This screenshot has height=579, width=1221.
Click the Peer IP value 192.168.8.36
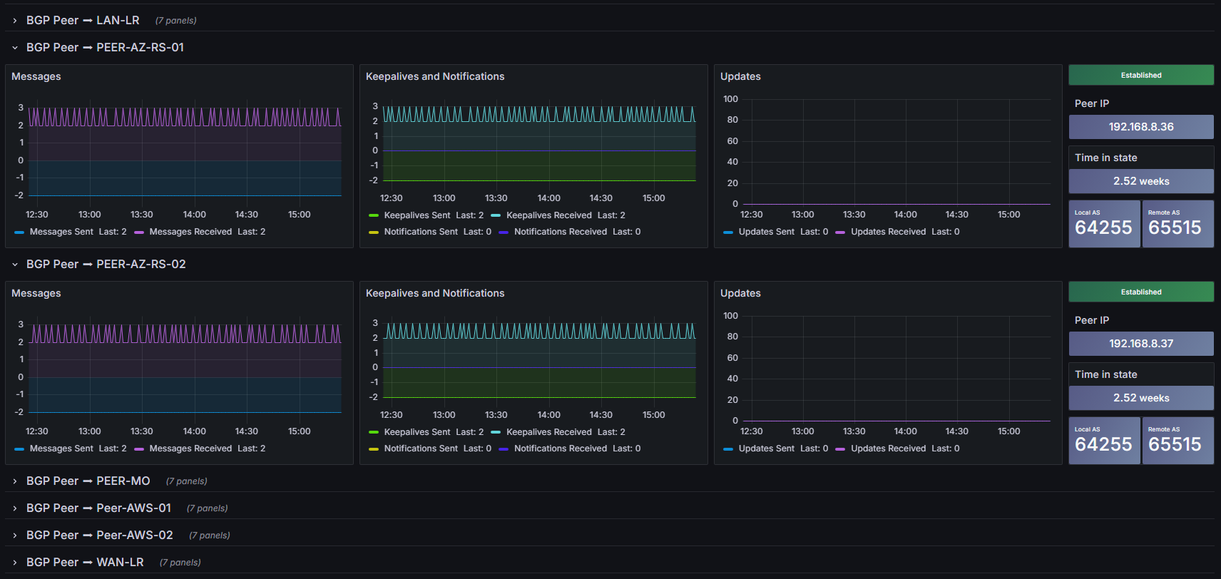[x=1141, y=126]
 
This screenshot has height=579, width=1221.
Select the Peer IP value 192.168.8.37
[x=1141, y=344]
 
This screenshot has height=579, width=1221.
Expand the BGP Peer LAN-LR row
[x=83, y=20]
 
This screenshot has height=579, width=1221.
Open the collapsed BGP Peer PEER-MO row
[x=88, y=481]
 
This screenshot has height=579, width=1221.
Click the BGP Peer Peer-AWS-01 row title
[x=98, y=508]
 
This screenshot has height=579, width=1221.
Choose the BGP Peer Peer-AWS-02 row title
[x=100, y=536]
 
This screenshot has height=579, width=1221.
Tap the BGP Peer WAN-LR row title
[x=85, y=562]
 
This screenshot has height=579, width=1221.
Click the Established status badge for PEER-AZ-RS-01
[x=1141, y=76]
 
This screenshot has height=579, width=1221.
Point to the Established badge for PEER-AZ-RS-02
[x=1141, y=292]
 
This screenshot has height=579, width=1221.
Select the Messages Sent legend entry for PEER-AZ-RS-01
[x=71, y=232]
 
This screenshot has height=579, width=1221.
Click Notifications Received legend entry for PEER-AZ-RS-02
[x=570, y=448]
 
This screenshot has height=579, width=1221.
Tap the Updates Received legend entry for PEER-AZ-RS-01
[x=897, y=232]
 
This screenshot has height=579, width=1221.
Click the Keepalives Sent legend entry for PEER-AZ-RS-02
[x=426, y=432]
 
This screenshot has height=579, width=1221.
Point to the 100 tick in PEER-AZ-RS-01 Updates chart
[x=730, y=98]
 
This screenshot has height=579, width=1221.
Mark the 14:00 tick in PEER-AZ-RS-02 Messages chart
[x=194, y=431]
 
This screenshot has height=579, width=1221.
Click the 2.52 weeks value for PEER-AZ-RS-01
[x=1141, y=181]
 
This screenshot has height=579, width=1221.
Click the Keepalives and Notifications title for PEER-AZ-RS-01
[x=435, y=76]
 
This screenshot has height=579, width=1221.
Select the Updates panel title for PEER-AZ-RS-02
[x=740, y=293]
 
